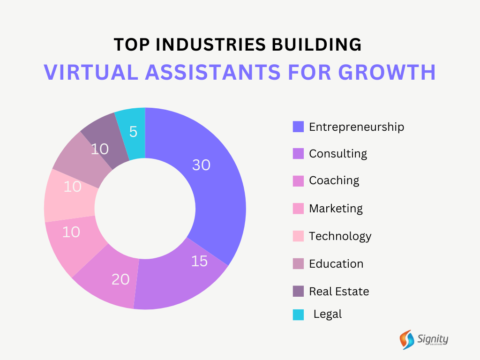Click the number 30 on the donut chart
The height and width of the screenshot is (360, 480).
point(201,165)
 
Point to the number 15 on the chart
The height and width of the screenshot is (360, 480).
point(199,261)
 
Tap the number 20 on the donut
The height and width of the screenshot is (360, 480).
point(120,279)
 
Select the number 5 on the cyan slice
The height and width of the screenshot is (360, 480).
point(134,132)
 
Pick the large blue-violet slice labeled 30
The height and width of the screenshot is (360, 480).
point(216,197)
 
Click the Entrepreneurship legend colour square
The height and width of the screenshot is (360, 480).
point(298,127)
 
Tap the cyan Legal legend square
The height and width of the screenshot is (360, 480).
point(298,315)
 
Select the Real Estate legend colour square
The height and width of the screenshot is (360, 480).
point(298,291)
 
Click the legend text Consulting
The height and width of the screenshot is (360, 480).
point(337,153)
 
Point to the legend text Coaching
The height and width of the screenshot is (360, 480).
point(334,180)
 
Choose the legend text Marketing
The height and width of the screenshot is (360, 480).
point(336,208)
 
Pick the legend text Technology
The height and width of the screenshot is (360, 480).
point(340,236)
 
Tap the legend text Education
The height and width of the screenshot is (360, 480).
point(336,263)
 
